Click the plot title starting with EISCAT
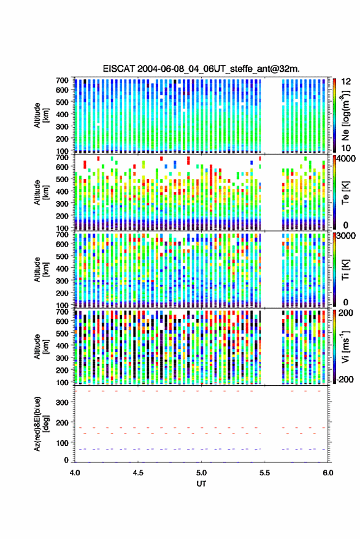201,69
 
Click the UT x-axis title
201,484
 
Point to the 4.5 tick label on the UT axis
138,473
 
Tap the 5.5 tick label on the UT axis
264,473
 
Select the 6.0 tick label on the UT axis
327,473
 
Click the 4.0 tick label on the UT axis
75,473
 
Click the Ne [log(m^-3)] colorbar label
345,115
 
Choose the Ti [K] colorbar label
345,270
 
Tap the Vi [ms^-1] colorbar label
345,346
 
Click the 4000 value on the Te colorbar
347,159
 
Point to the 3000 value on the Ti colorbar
347,236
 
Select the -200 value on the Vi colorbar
345,379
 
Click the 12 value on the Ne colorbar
346,82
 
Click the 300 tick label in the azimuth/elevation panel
63,402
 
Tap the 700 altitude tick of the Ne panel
62,80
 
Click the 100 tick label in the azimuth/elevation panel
63,443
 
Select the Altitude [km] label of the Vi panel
42,346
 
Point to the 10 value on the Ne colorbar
346,148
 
